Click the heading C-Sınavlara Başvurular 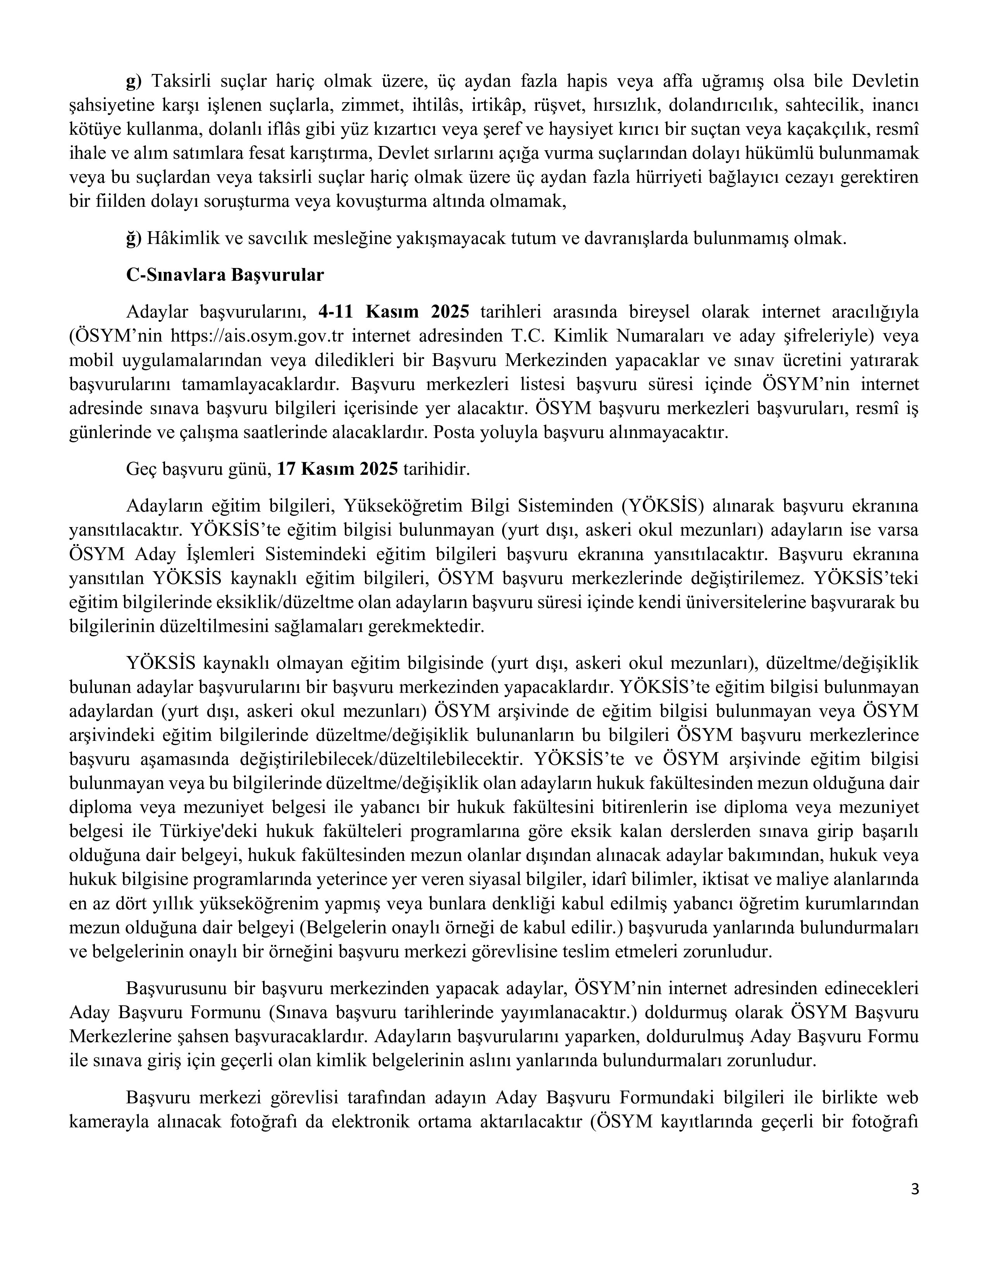[x=225, y=275]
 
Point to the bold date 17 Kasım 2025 [x=337, y=469]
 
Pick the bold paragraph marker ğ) [x=134, y=238]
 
